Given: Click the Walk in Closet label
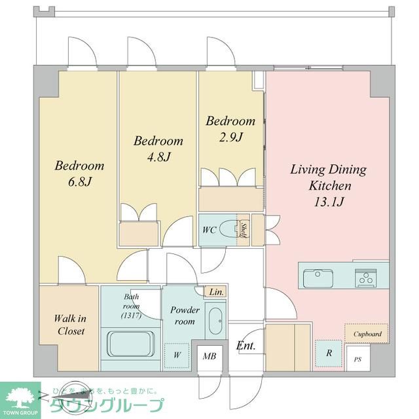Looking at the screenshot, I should (69, 325).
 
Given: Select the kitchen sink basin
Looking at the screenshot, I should (318, 278).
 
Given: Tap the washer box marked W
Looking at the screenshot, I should (177, 355).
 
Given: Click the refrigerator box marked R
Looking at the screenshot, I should (329, 352).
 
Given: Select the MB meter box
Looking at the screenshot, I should (209, 357).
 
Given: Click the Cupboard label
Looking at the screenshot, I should (367, 333).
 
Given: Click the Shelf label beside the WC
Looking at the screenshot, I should (243, 230).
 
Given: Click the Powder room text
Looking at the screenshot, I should (183, 316).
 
